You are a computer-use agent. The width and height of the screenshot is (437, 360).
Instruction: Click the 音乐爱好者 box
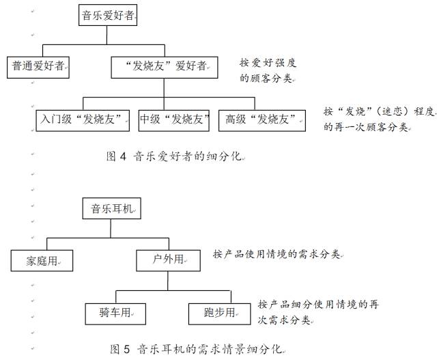coord(108,15)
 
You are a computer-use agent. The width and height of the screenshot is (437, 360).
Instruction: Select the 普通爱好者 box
coord(38,67)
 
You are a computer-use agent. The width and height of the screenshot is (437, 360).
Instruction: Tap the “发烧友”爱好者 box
coord(165,68)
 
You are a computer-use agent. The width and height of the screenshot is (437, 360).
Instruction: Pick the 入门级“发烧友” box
coord(83,120)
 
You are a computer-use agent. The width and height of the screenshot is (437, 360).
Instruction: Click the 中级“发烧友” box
coord(174,120)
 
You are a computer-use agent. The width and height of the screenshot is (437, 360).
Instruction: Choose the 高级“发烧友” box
coord(262,120)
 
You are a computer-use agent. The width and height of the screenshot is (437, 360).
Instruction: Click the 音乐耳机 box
coord(112,208)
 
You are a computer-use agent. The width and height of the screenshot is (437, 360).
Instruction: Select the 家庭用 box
coord(42,260)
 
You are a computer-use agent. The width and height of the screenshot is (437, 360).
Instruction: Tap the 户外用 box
coord(169,260)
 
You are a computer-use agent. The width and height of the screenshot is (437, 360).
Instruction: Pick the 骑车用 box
coord(115,314)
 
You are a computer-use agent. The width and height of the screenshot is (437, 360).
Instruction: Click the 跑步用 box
coord(220,314)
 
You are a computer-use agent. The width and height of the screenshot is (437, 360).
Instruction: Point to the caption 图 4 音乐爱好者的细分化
coord(175,156)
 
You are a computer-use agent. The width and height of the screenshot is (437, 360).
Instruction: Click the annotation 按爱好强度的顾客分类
coord(268,70)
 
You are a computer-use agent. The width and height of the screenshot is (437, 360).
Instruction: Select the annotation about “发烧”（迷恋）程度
coord(378,119)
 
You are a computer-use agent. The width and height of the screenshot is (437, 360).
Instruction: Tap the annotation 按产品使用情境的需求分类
coord(277,254)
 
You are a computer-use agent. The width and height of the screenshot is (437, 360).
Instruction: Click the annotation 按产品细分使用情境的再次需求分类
coord(318,312)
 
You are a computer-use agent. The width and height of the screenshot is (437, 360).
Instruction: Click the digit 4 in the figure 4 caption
coord(123,156)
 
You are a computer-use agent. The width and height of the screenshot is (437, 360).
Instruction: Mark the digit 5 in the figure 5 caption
coord(126,349)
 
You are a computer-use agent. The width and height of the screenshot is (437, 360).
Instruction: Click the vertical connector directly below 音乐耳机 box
coord(111,228)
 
